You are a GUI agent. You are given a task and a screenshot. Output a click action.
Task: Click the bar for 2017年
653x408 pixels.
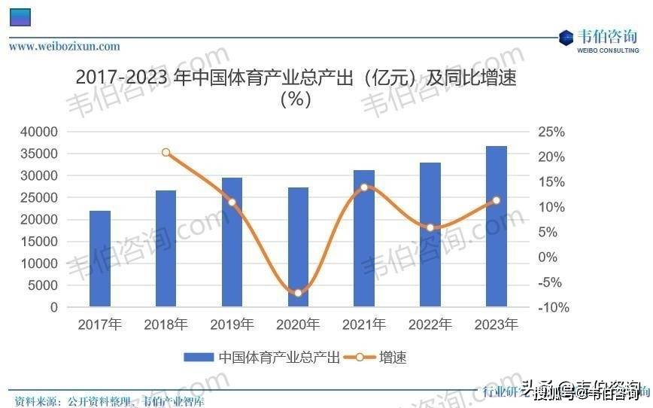[99, 259]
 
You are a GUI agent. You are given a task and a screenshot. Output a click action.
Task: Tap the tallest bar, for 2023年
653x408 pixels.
[496, 226]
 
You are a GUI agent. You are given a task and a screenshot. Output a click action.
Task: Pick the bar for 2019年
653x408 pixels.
[232, 242]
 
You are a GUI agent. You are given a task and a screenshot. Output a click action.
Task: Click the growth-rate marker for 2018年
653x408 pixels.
[166, 152]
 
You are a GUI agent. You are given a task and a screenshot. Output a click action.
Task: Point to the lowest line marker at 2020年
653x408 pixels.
[298, 293]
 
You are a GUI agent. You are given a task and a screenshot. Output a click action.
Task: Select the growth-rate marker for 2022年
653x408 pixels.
[430, 227]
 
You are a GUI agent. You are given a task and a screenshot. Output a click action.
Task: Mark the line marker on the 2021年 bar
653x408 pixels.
[364, 187]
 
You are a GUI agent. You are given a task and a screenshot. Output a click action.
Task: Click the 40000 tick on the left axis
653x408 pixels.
[38, 132]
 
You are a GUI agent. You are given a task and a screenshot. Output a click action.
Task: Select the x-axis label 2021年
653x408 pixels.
[364, 325]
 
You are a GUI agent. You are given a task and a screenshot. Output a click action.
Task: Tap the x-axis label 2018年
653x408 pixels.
[166, 325]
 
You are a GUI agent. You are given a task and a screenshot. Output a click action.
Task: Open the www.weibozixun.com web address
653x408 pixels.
[65, 47]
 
